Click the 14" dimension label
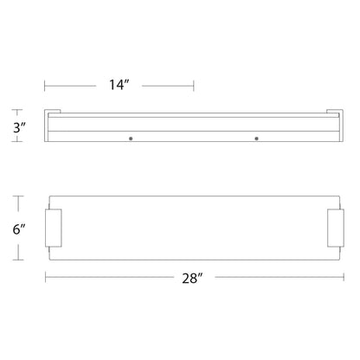coord(119,85)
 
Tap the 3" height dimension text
coord(20,127)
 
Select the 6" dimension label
coord(19,229)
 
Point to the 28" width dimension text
coord(192,278)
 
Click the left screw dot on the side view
coord(131,138)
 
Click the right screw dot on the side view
coord(256,138)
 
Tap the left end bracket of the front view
coord(54,228)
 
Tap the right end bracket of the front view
coord(336,228)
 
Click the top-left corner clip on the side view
coord(53,112)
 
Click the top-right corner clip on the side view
coord(335,112)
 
